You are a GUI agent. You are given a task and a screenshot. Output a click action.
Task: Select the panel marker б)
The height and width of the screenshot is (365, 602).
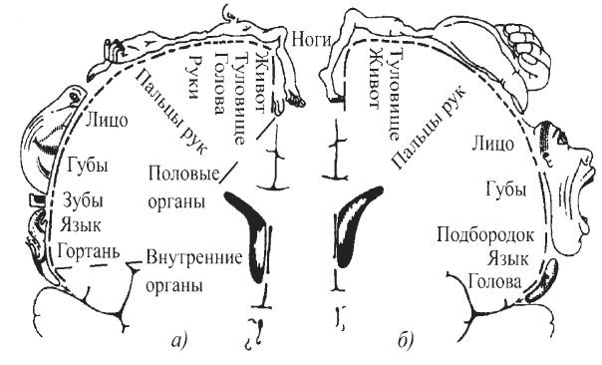pos(405,343)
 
